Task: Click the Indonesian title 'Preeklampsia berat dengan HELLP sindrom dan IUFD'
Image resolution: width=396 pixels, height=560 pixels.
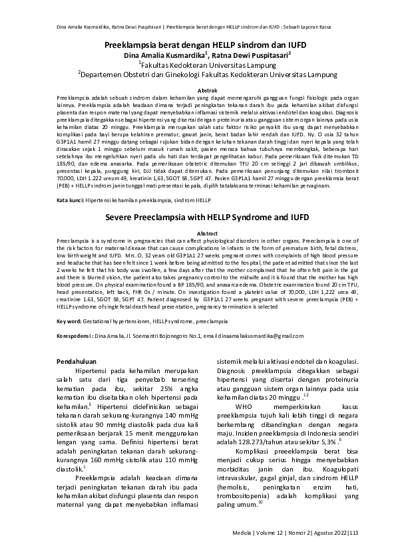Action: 198,44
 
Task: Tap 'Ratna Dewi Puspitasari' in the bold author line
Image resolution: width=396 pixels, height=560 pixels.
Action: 251,55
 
